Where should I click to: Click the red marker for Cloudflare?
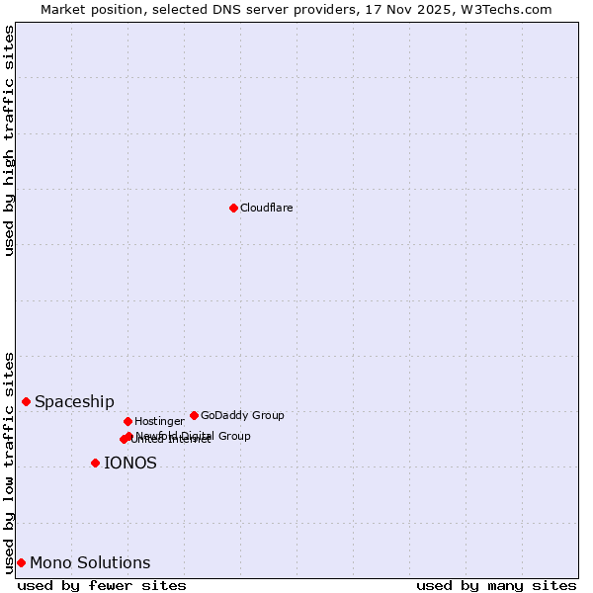(x=233, y=208)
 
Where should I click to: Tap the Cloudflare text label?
(x=266, y=209)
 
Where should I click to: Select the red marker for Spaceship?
(x=26, y=401)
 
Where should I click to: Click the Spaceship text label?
(x=74, y=402)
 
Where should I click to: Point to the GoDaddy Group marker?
(x=194, y=415)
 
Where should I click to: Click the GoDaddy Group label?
(x=242, y=416)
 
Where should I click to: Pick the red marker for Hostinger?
(x=127, y=421)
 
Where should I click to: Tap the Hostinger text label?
(x=159, y=422)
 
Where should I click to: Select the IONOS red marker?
(x=95, y=463)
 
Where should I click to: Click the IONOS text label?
(x=129, y=464)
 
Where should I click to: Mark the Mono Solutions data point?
(x=21, y=562)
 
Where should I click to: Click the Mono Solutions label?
(x=90, y=563)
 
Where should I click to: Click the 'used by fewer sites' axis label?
(x=102, y=585)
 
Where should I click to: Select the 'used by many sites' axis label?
(x=496, y=585)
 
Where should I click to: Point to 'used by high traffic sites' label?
(x=9, y=140)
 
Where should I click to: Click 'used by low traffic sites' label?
(x=9, y=463)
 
